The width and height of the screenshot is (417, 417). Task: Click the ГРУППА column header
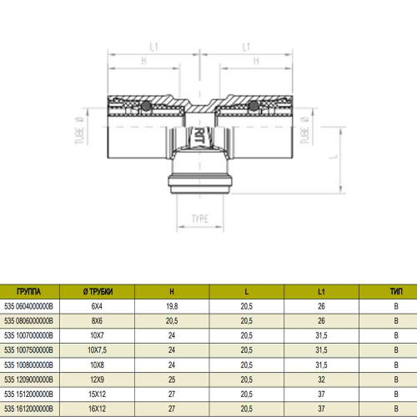29,292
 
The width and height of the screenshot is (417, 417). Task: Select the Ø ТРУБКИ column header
98,292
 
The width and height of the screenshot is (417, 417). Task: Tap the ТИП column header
396,292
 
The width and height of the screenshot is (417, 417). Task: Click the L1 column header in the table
321,292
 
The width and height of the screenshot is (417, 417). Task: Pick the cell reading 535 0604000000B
28,306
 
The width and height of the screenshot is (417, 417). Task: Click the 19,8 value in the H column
172,306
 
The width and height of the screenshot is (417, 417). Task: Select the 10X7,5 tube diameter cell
97,350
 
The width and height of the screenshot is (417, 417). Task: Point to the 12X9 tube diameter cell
97,379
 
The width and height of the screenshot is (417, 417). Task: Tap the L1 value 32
321,379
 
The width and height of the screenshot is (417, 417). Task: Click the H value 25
172,379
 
